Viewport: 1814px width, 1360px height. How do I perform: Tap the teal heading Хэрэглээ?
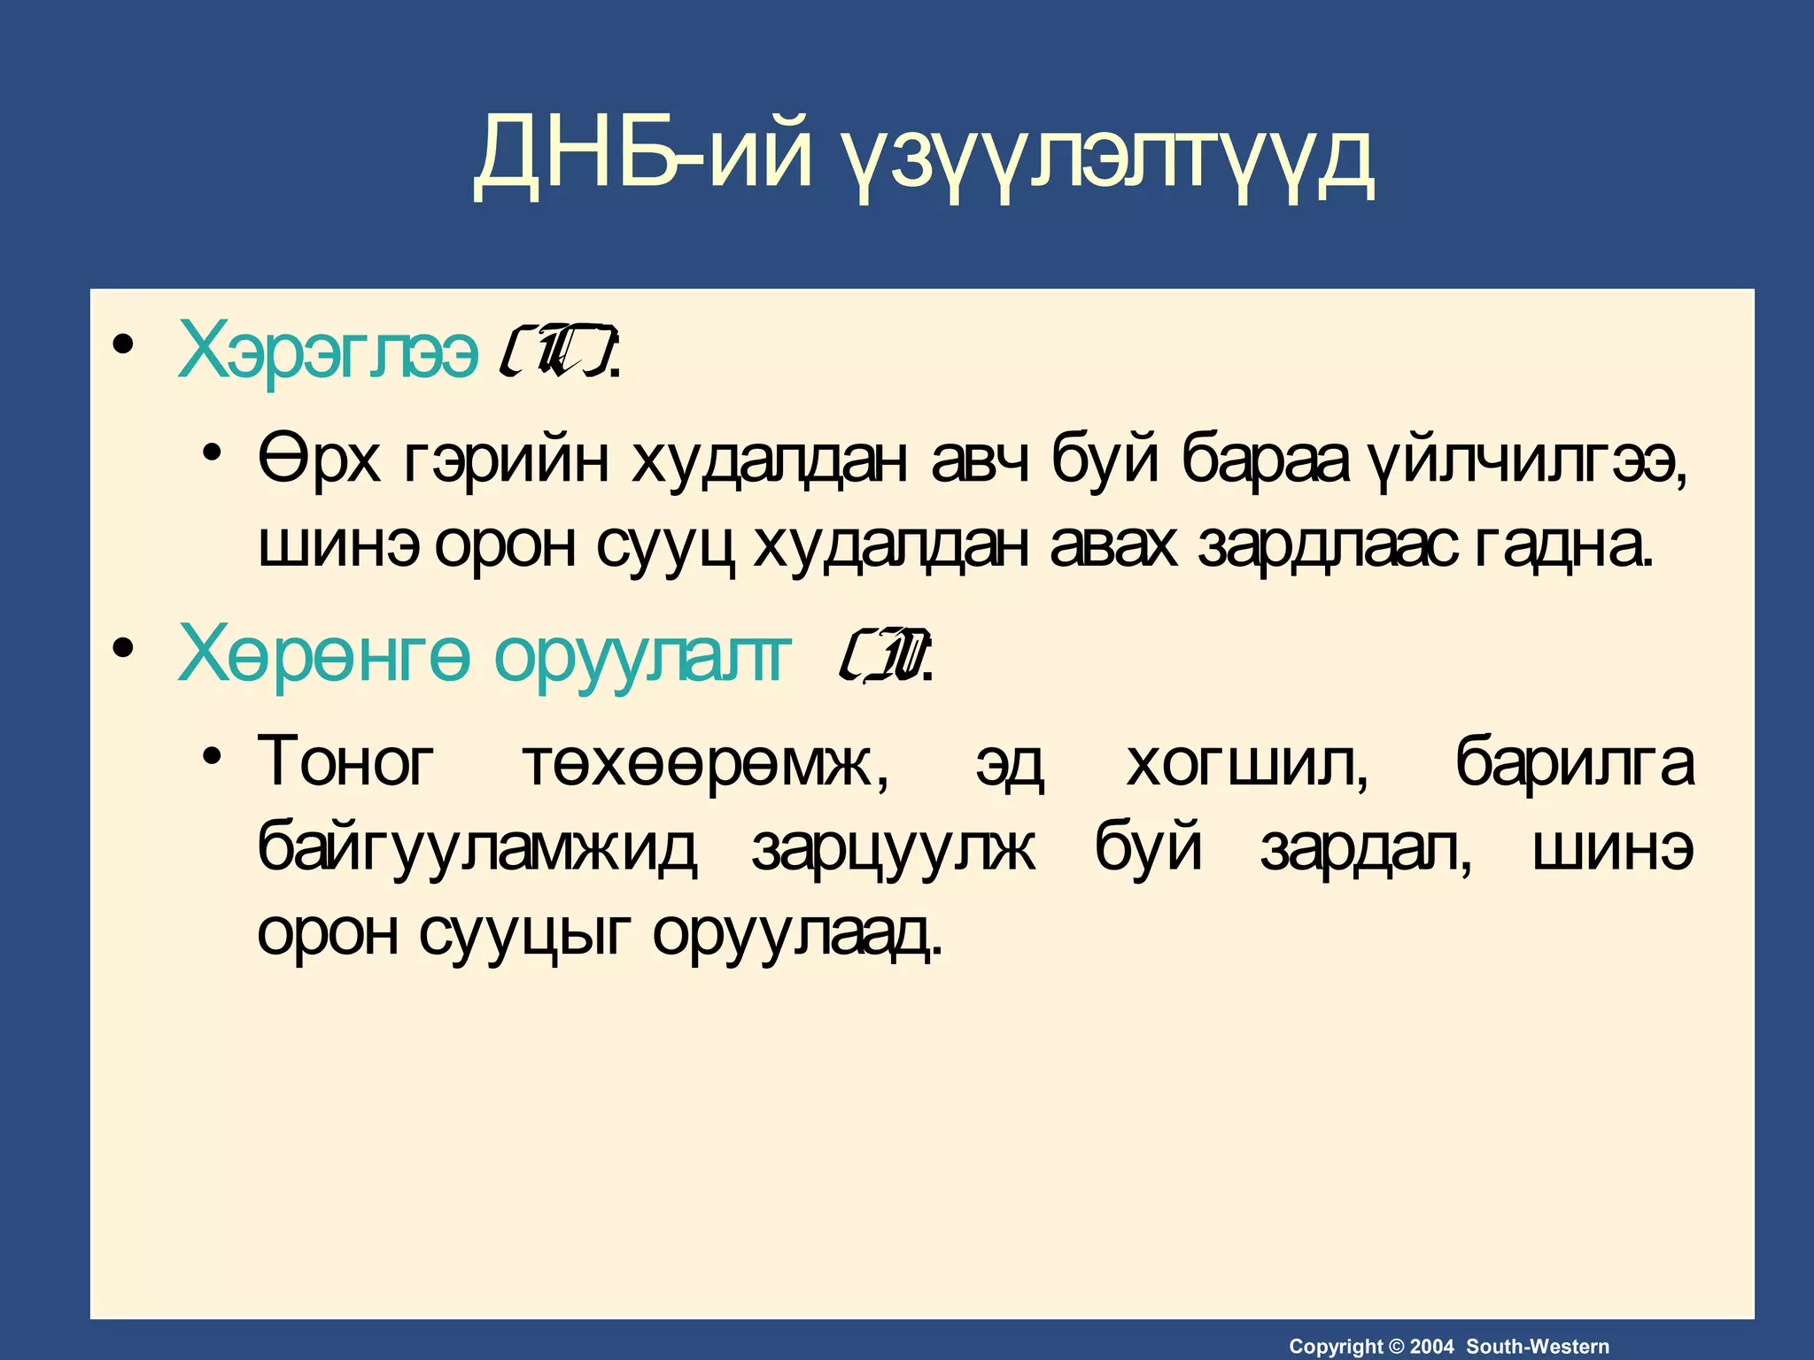(328, 350)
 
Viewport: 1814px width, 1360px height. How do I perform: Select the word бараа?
(1266, 460)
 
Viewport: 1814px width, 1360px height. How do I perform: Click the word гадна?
(1563, 545)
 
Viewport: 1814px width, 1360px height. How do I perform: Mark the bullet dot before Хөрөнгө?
(123, 648)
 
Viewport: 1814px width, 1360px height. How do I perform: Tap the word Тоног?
(346, 762)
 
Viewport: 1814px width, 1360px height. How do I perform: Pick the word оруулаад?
(796, 932)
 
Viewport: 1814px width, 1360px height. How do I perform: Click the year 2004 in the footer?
(1431, 1347)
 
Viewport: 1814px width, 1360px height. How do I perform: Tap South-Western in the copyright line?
(1538, 1347)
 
